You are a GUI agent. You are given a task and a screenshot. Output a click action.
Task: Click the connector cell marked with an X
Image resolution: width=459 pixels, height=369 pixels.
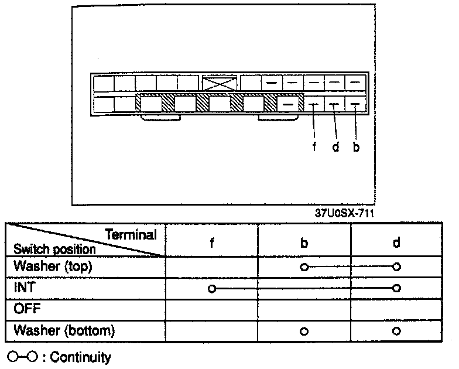pos(220,83)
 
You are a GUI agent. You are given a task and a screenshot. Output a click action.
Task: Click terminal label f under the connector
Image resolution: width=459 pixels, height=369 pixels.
pos(314,146)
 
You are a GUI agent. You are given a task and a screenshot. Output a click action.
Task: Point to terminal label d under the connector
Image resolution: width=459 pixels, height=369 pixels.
pos(335,146)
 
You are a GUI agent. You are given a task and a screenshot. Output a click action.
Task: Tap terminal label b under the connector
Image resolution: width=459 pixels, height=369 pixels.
pos(356,146)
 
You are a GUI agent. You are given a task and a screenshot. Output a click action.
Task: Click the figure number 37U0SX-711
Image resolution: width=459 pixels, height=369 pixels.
pos(344,214)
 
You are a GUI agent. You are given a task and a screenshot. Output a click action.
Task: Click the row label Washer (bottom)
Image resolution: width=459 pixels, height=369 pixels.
pos(64,330)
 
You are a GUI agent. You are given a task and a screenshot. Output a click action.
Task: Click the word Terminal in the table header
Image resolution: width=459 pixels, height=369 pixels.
pos(131,235)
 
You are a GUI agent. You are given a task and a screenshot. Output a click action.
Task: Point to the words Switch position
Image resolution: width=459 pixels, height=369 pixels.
pos(54,249)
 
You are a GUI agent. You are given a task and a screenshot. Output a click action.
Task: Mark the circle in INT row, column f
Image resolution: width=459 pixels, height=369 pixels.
pos(212,288)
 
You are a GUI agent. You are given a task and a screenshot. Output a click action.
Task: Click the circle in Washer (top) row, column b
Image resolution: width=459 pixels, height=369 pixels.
pos(303,267)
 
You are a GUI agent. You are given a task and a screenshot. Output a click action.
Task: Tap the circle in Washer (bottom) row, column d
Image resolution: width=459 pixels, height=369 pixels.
pos(397,331)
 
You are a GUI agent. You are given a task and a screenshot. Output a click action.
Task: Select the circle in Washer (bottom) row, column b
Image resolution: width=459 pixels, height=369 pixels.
pos(303,331)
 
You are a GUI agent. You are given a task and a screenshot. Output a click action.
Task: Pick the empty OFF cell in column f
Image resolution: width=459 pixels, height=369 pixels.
pos(211,309)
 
